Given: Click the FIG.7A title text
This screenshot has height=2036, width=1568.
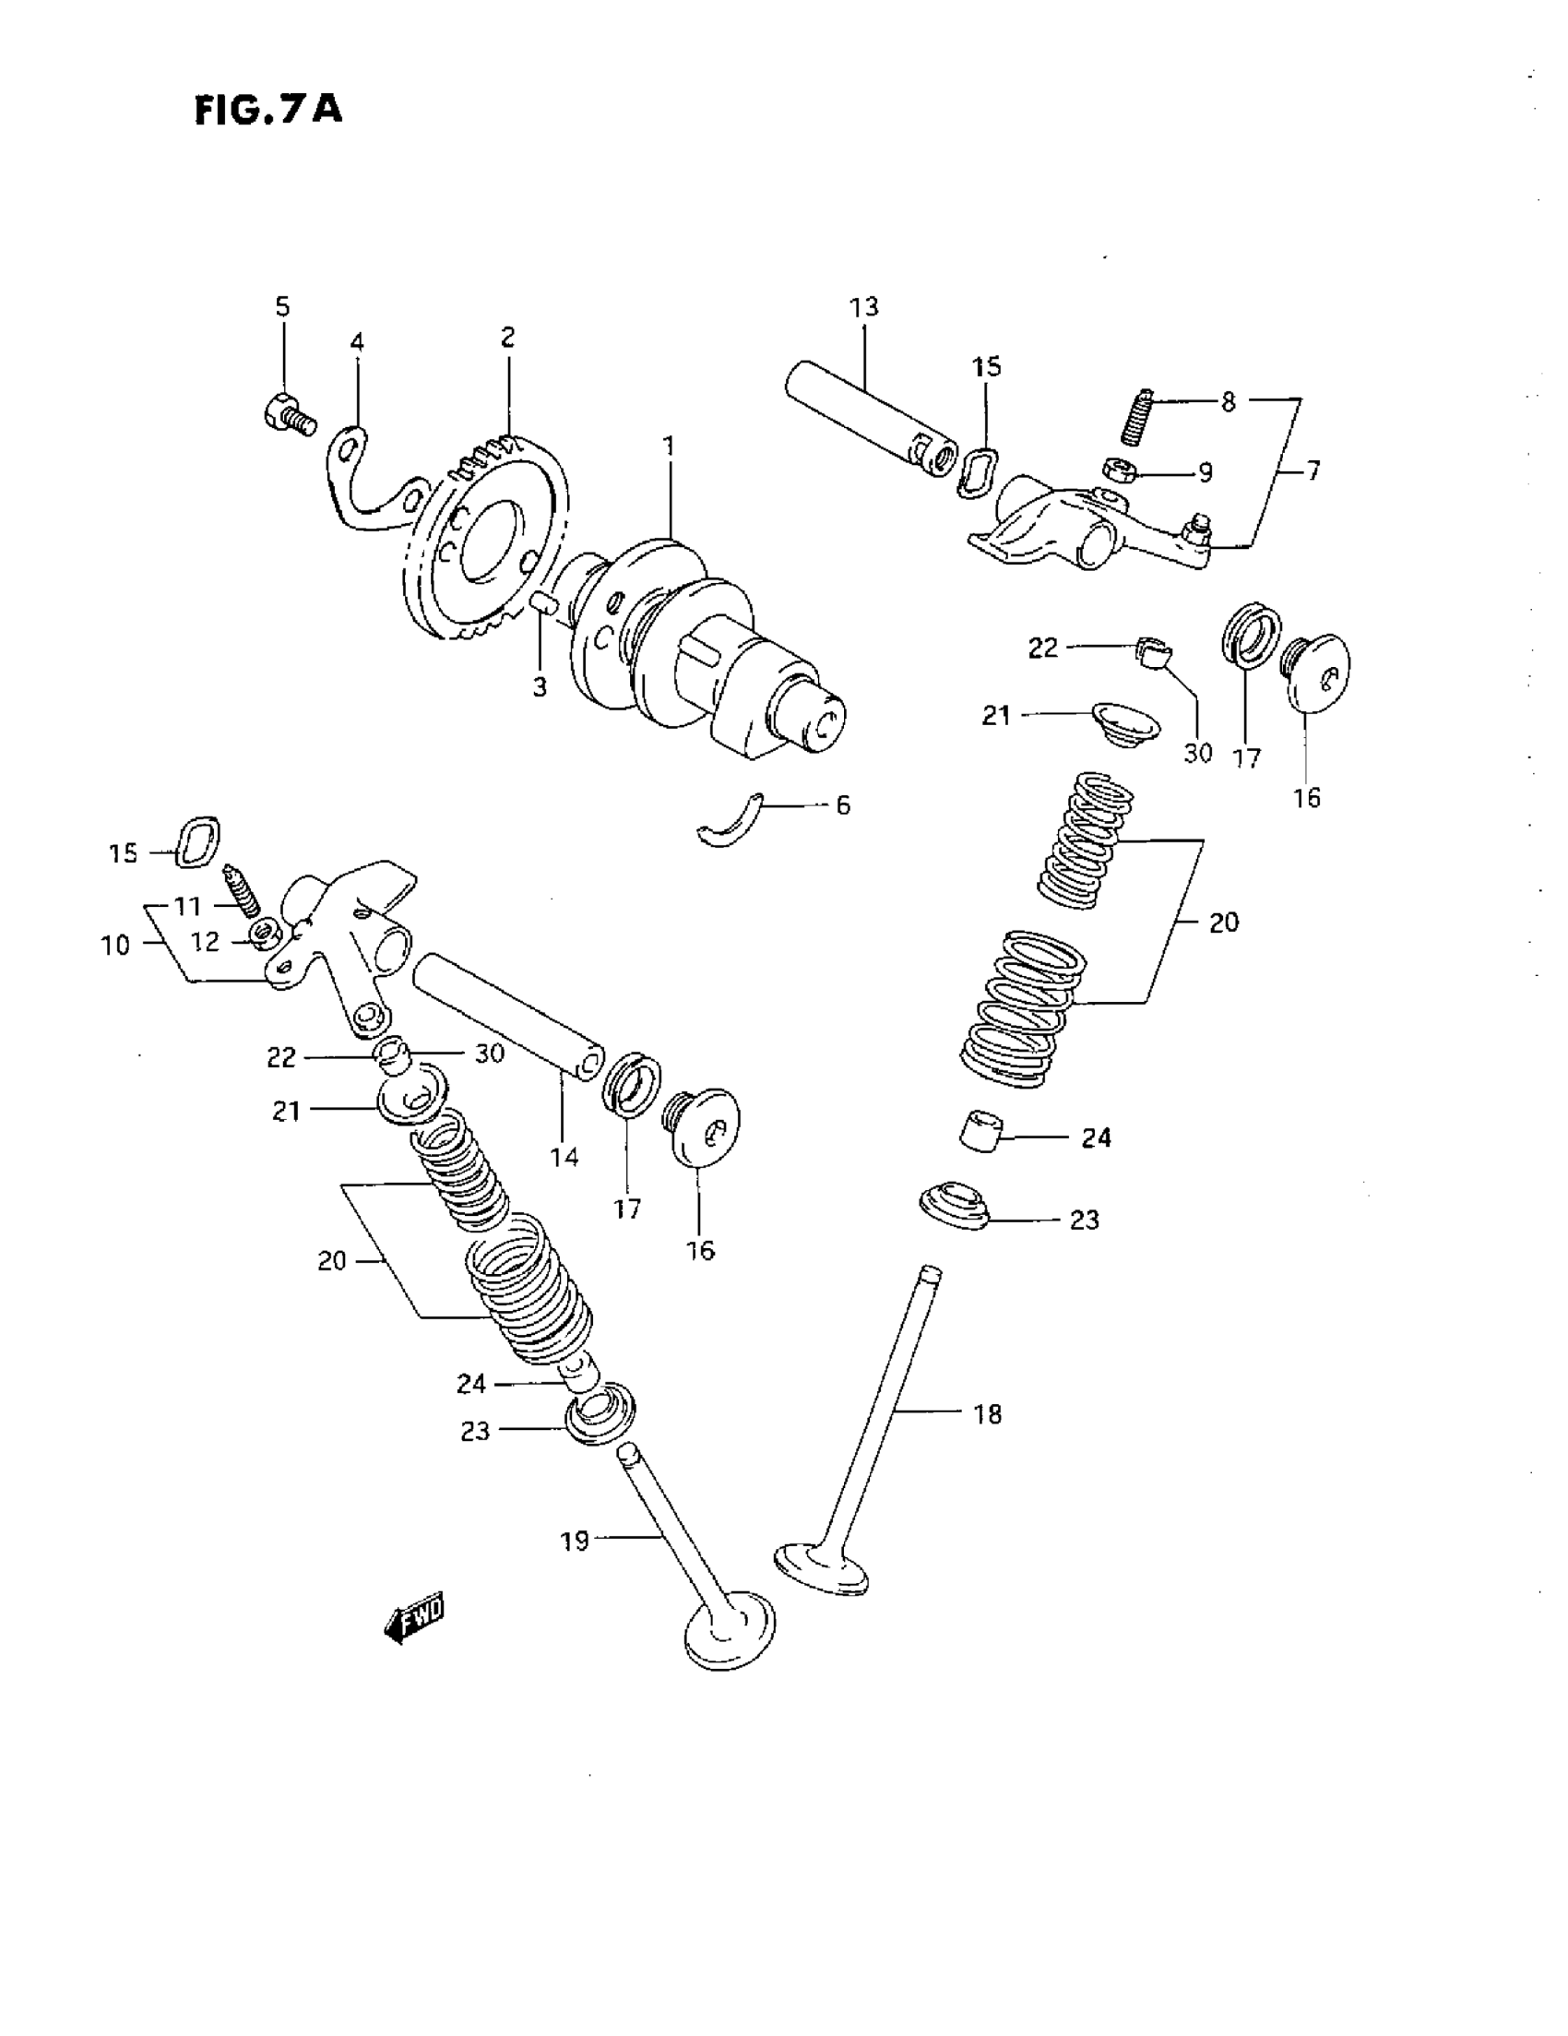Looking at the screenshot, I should tap(268, 109).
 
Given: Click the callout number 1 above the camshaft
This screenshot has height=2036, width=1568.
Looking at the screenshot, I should tap(669, 446).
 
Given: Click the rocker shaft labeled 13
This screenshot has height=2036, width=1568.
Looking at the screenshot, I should tap(867, 415).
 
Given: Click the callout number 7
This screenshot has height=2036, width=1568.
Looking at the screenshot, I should tap(1313, 470).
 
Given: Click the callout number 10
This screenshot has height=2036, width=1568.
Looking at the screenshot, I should tap(114, 946).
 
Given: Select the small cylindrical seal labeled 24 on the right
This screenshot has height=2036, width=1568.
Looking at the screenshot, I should tap(980, 1131).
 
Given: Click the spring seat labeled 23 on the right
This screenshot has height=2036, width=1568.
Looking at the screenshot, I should tap(953, 1204).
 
